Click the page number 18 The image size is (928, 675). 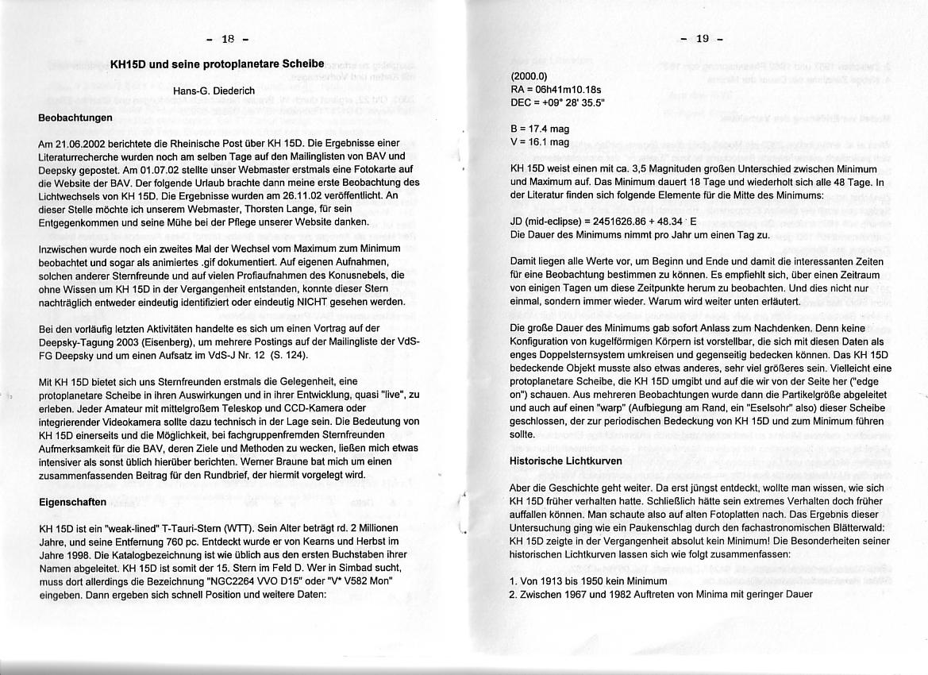click(228, 39)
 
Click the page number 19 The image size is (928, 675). click(701, 39)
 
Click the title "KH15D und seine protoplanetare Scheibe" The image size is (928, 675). click(217, 64)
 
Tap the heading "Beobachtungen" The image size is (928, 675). click(75, 118)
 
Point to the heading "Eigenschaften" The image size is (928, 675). click(72, 502)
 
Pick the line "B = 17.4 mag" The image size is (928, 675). click(541, 129)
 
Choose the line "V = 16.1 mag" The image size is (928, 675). click(541, 141)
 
